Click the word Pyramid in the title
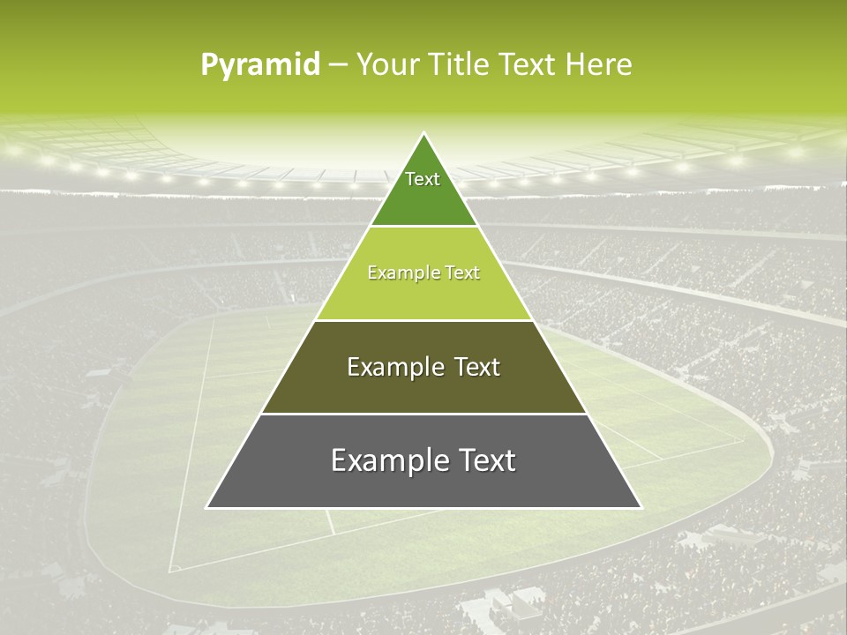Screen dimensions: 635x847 coord(260,65)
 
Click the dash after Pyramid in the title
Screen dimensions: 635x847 coord(338,65)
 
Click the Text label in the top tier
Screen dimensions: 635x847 coord(423,179)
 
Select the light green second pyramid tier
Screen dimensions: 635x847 coord(423,295)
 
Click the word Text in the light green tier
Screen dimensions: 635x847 coord(463,273)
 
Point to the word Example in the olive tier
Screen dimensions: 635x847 coord(393,367)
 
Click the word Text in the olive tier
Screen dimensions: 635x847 coord(476,367)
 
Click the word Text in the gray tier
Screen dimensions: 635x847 coord(485,460)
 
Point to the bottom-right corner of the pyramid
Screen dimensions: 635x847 coord(640,507)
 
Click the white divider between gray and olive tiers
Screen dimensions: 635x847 coord(423,414)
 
